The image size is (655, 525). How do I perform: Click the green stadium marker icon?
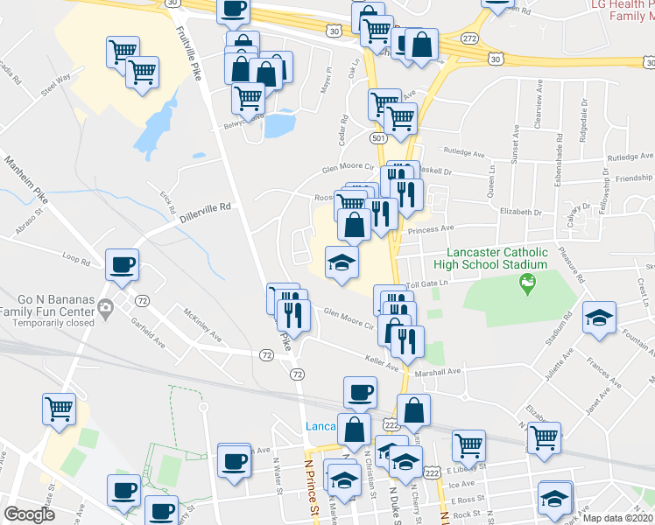[x=527, y=282]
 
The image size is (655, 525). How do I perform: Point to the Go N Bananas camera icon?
[x=106, y=307]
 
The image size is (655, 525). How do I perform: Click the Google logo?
[x=29, y=514]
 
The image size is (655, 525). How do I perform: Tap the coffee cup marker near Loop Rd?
[x=123, y=263]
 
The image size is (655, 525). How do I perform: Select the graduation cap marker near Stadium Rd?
[x=599, y=317]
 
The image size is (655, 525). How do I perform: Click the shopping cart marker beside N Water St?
[x=60, y=408]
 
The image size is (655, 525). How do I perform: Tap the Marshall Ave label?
[x=437, y=371]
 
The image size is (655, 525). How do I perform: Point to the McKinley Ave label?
[x=202, y=325]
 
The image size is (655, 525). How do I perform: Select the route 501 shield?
[x=377, y=138]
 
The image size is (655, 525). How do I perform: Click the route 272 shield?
[x=469, y=39]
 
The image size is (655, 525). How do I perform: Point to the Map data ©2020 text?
[x=618, y=517]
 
